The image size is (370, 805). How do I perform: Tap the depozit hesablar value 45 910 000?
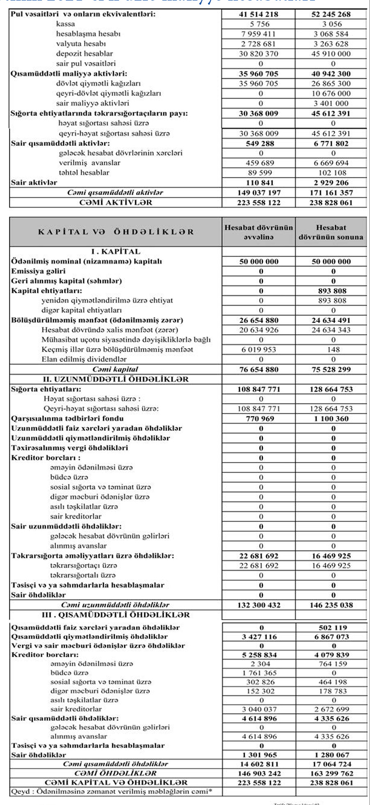(331, 54)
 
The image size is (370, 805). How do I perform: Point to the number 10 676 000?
(331, 93)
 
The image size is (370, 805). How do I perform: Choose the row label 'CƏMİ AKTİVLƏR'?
(116, 203)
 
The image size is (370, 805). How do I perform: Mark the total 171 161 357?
(331, 193)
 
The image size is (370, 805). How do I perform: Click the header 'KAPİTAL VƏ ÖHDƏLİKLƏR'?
(116, 232)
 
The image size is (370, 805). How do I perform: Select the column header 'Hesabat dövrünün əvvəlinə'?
(259, 232)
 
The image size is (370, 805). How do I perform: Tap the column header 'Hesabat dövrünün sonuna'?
(331, 232)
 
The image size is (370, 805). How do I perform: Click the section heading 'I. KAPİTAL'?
(116, 252)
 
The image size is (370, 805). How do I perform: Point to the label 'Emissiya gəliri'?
(38, 271)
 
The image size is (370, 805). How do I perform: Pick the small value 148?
(333, 350)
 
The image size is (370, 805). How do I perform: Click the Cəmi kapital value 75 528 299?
(331, 369)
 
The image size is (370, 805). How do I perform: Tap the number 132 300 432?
(259, 605)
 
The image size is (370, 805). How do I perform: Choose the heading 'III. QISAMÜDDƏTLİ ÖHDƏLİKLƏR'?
(116, 615)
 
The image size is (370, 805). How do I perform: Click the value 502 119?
(333, 628)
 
